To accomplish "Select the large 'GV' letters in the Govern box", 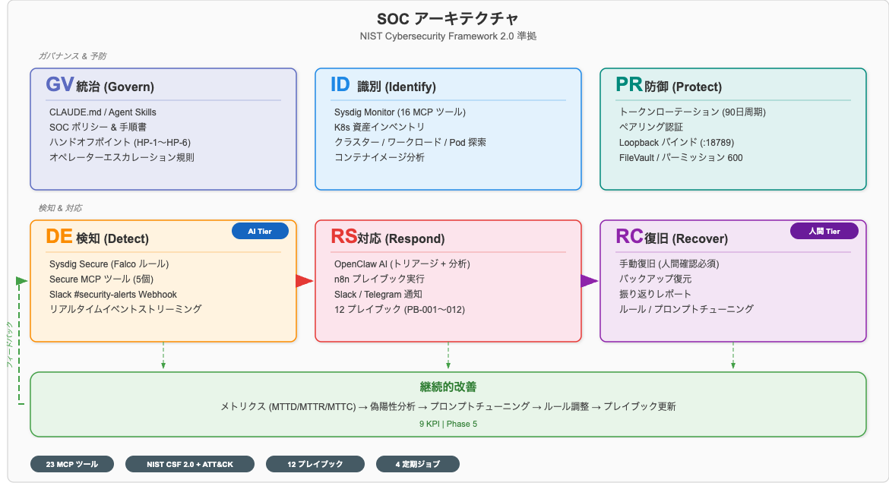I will [x=59, y=85].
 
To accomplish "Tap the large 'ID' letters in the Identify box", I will [x=340, y=85].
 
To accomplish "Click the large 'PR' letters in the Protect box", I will [x=628, y=85].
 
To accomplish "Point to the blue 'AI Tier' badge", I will [x=260, y=231].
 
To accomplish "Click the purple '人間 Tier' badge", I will [x=824, y=231].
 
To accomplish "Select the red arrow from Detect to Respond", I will [x=305, y=281].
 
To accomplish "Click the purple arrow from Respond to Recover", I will [x=590, y=281].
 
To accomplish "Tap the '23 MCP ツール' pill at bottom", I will [x=71, y=464].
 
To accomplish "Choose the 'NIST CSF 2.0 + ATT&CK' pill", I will [x=191, y=464].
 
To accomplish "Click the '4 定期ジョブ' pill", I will [x=417, y=464].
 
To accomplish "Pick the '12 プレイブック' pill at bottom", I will [x=315, y=464].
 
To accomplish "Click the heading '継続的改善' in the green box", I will [x=448, y=387].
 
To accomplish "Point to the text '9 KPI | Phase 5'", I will [x=448, y=424].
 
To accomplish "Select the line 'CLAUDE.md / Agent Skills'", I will [x=103, y=112].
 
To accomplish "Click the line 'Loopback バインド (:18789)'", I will [x=676, y=143].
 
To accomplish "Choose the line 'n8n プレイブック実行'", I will [x=379, y=279].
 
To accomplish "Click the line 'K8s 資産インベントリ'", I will [x=379, y=128].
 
